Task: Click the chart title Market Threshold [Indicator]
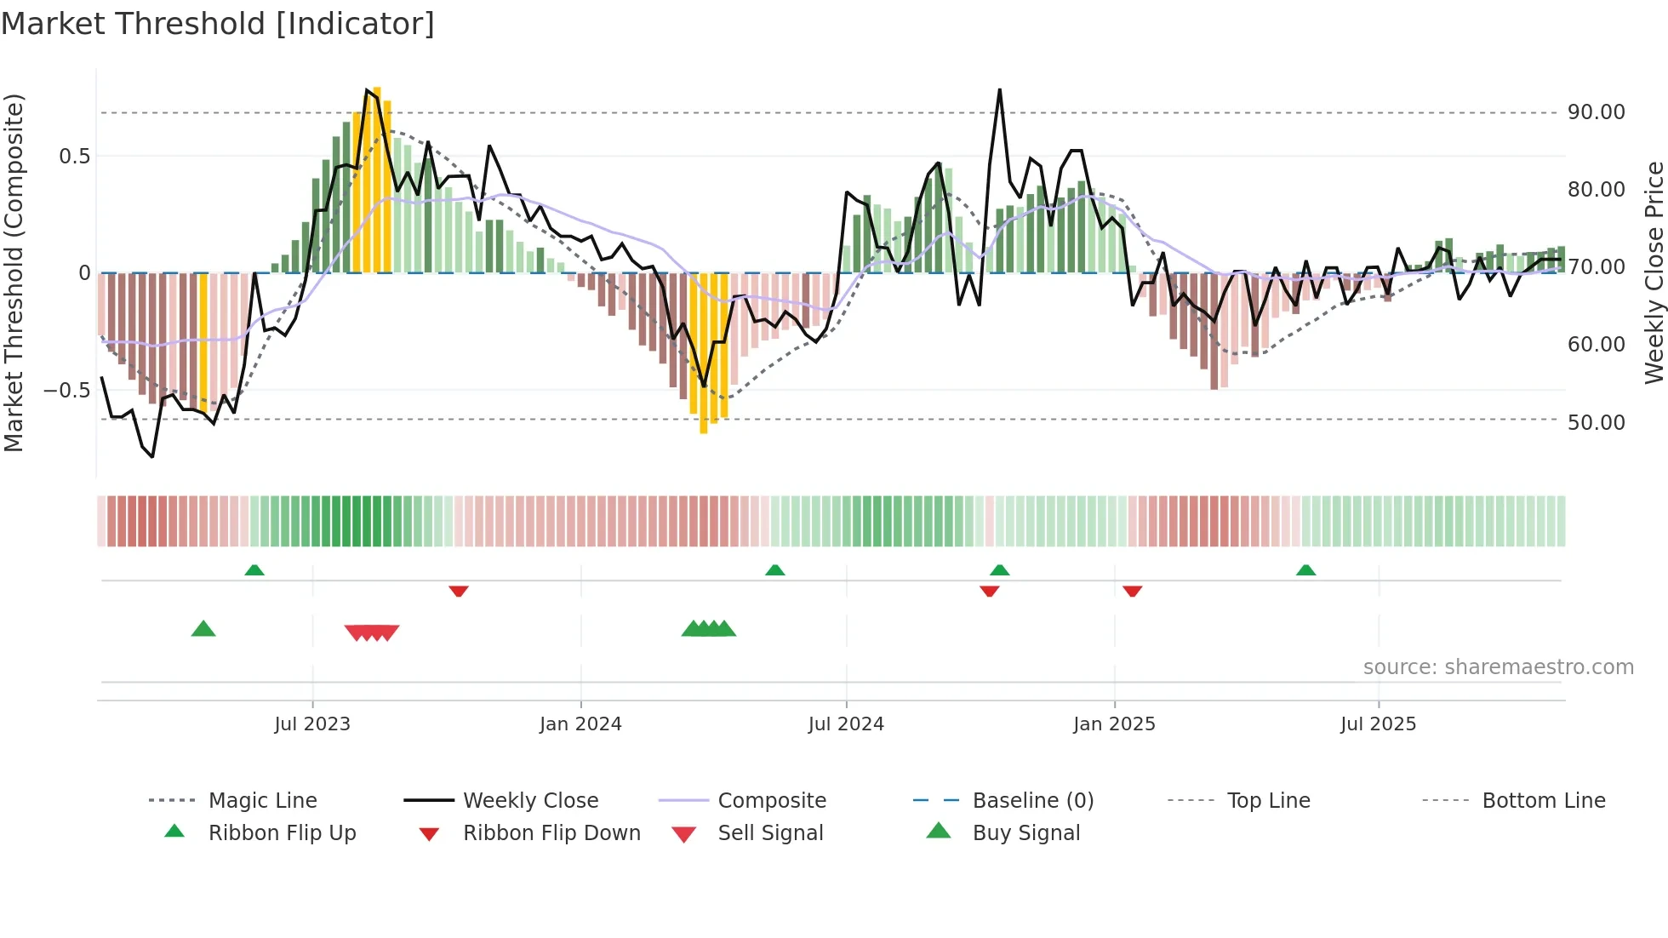(218, 24)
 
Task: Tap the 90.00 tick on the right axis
(1596, 112)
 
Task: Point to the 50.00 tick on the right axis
(1596, 422)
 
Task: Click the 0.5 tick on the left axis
(74, 157)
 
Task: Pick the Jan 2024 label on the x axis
(580, 724)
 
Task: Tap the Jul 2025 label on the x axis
(1378, 724)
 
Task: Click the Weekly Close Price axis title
(1653, 272)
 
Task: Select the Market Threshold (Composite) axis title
(14, 272)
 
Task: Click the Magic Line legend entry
(262, 801)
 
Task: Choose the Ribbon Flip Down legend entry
(551, 833)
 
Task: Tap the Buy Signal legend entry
(1025, 833)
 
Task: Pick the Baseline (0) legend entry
(1032, 801)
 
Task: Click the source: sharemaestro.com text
(1498, 667)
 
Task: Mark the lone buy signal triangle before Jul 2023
(203, 629)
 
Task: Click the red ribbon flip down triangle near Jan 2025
(1132, 591)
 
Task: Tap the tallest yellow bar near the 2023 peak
(377, 179)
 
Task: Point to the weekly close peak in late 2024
(999, 90)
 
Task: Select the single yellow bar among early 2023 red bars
(203, 340)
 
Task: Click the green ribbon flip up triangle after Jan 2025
(1305, 569)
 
